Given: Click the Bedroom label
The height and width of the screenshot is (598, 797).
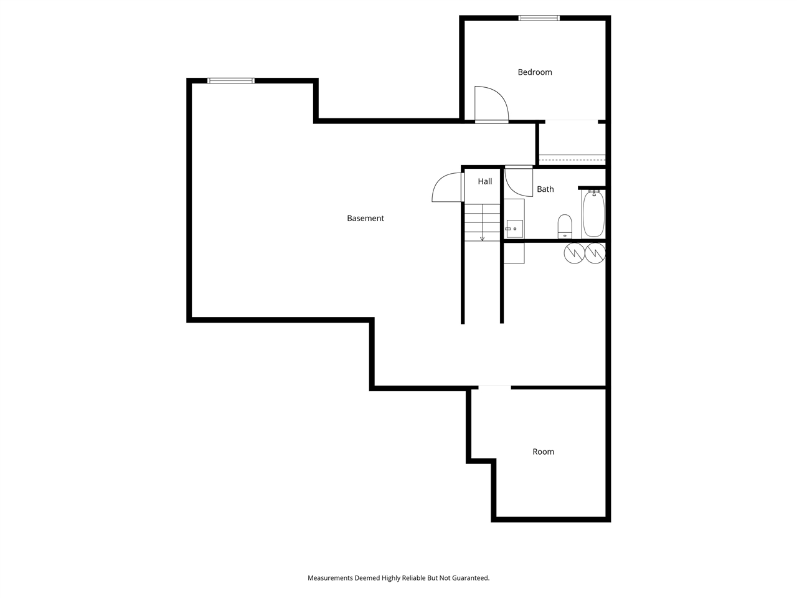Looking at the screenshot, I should pyautogui.click(x=535, y=72).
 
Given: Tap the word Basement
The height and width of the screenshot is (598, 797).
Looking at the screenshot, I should pyautogui.click(x=365, y=218).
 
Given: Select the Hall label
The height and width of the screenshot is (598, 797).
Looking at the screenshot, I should pyautogui.click(x=485, y=181).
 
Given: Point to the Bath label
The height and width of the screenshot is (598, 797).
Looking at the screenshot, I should pyautogui.click(x=545, y=189).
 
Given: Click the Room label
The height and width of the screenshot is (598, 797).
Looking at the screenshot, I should pyautogui.click(x=543, y=452).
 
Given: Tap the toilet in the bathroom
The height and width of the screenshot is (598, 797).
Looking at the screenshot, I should pyautogui.click(x=565, y=225).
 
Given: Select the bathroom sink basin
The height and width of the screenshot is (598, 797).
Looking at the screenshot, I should pyautogui.click(x=514, y=229).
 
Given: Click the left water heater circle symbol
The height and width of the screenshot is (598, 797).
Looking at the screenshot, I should pyautogui.click(x=574, y=253).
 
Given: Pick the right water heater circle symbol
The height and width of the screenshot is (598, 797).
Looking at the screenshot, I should pyautogui.click(x=595, y=253).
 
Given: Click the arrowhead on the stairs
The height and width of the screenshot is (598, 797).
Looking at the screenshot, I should pyautogui.click(x=482, y=238).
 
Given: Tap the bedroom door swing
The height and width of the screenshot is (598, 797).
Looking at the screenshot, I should pyautogui.click(x=491, y=103).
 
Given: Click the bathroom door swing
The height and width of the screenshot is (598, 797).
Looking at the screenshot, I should pyautogui.click(x=518, y=181).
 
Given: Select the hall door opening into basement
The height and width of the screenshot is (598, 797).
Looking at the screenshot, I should pyautogui.click(x=447, y=187).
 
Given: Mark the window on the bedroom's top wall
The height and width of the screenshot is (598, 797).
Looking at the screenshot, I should pyautogui.click(x=539, y=18).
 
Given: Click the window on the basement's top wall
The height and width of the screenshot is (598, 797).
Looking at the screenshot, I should pyautogui.click(x=231, y=80).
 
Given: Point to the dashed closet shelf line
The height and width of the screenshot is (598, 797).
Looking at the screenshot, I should pyautogui.click(x=572, y=160).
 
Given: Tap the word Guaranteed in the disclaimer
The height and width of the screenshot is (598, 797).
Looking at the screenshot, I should pyautogui.click(x=471, y=578).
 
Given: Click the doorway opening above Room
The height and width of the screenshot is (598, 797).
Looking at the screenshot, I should pyautogui.click(x=494, y=387).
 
